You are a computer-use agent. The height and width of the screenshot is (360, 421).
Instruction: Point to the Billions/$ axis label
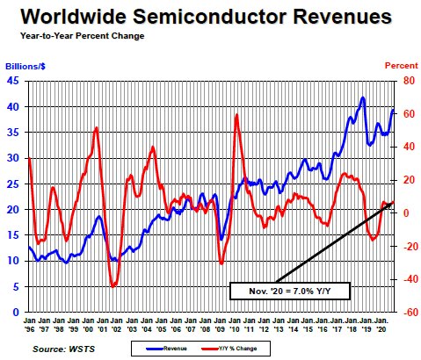[x=27, y=67]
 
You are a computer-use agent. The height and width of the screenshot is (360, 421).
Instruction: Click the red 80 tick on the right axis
[x=409, y=81]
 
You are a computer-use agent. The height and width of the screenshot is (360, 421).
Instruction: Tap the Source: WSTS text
[x=62, y=349]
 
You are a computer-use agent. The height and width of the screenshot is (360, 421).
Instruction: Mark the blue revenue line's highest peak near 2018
[x=363, y=97]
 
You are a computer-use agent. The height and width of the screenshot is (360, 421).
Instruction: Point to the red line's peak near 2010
[x=236, y=115]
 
